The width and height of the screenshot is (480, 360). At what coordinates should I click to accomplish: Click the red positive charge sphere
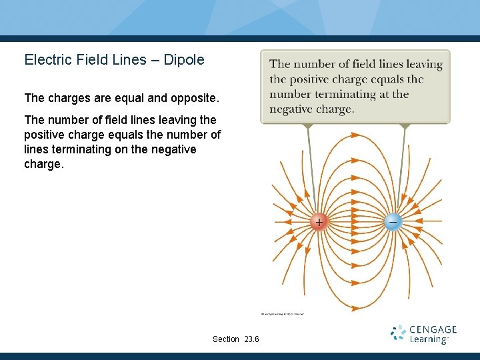tap(319, 222)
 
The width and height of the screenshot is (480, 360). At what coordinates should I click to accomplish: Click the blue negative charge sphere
tap(393, 222)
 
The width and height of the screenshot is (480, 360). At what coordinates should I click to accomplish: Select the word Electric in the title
tap(47, 60)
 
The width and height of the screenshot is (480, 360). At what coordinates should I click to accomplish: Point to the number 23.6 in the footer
tap(252, 339)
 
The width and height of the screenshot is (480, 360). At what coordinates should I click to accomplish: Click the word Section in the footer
tap(226, 339)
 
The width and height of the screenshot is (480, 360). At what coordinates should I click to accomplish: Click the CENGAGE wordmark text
tap(433, 329)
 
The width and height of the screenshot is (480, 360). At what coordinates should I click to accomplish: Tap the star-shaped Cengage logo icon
tap(398, 333)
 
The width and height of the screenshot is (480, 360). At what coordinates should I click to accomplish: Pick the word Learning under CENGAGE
tap(429, 340)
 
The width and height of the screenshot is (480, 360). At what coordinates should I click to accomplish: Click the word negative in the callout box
tap(291, 109)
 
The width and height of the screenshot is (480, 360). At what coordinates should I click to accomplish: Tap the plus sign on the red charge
tap(319, 222)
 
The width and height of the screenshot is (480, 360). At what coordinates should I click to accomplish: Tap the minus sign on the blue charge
tap(393, 221)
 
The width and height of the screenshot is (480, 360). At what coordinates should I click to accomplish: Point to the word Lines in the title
tap(129, 60)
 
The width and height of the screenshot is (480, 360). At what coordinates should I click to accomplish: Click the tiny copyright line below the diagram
tap(282, 313)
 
